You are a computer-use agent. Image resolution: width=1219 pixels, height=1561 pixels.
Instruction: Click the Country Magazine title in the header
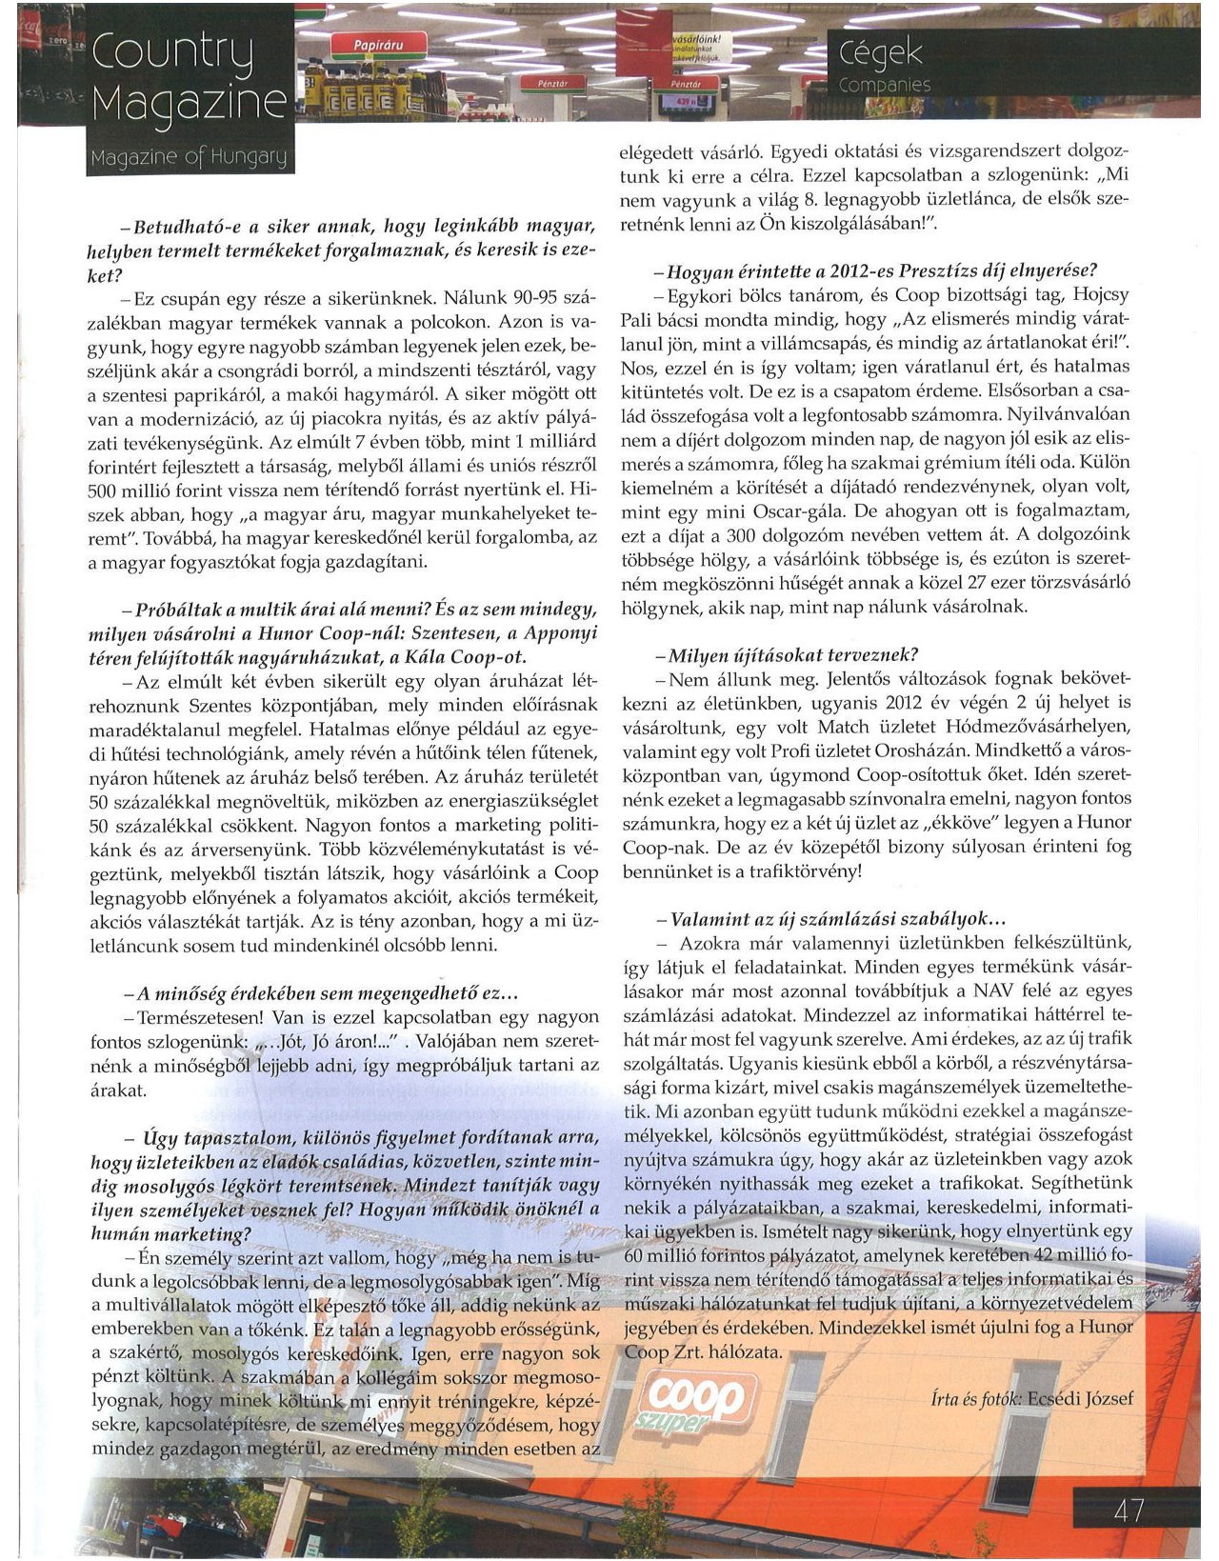189,76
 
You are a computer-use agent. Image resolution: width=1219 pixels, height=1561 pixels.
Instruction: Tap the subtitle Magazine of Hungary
188,157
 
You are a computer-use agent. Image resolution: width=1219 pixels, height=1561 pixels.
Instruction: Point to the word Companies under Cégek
885,86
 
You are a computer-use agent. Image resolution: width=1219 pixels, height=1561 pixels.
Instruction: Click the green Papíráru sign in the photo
378,45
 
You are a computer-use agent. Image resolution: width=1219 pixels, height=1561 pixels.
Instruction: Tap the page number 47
1128,1511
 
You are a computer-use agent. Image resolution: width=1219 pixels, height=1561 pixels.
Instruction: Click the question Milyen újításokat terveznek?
787,655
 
